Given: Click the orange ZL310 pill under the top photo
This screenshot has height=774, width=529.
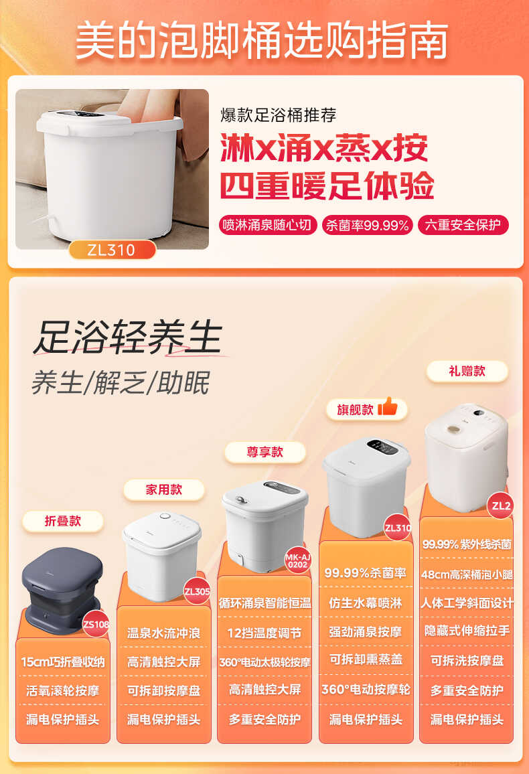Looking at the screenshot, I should (112, 250).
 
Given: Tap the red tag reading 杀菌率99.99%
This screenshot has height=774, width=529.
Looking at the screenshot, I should (367, 225).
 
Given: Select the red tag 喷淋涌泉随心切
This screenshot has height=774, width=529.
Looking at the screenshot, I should (268, 225).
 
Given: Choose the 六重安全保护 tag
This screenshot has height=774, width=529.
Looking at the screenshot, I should (462, 225).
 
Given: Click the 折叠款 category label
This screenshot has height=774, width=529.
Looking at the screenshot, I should (63, 521).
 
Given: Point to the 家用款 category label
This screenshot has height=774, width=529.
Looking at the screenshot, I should (164, 489).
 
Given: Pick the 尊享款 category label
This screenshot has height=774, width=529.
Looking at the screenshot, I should (265, 452).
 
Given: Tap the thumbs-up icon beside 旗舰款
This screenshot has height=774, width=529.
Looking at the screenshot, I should (388, 407).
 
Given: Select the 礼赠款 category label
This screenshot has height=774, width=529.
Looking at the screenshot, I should (467, 371).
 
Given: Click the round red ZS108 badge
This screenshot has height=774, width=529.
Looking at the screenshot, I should (95, 625).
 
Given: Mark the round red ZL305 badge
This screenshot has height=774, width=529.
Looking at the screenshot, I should (197, 591).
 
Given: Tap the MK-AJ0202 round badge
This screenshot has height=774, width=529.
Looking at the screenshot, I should (297, 560).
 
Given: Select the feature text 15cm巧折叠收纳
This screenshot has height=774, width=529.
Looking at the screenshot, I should (63, 662).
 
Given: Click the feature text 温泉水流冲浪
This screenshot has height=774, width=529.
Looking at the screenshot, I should (164, 633).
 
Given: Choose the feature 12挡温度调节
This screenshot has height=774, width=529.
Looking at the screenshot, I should (264, 633).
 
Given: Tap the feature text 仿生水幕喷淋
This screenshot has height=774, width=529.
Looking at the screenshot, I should (366, 603).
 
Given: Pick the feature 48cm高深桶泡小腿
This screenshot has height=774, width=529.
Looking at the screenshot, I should (467, 573).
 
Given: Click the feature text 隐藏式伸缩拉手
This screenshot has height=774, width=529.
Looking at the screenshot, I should (467, 631).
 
